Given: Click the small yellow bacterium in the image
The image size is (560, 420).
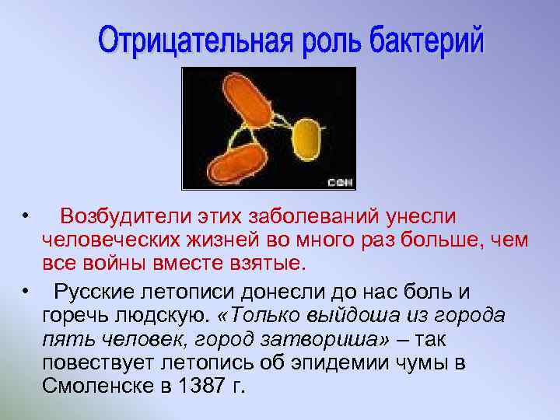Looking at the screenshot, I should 306,139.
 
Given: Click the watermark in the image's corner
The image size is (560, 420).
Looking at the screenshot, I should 340,183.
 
